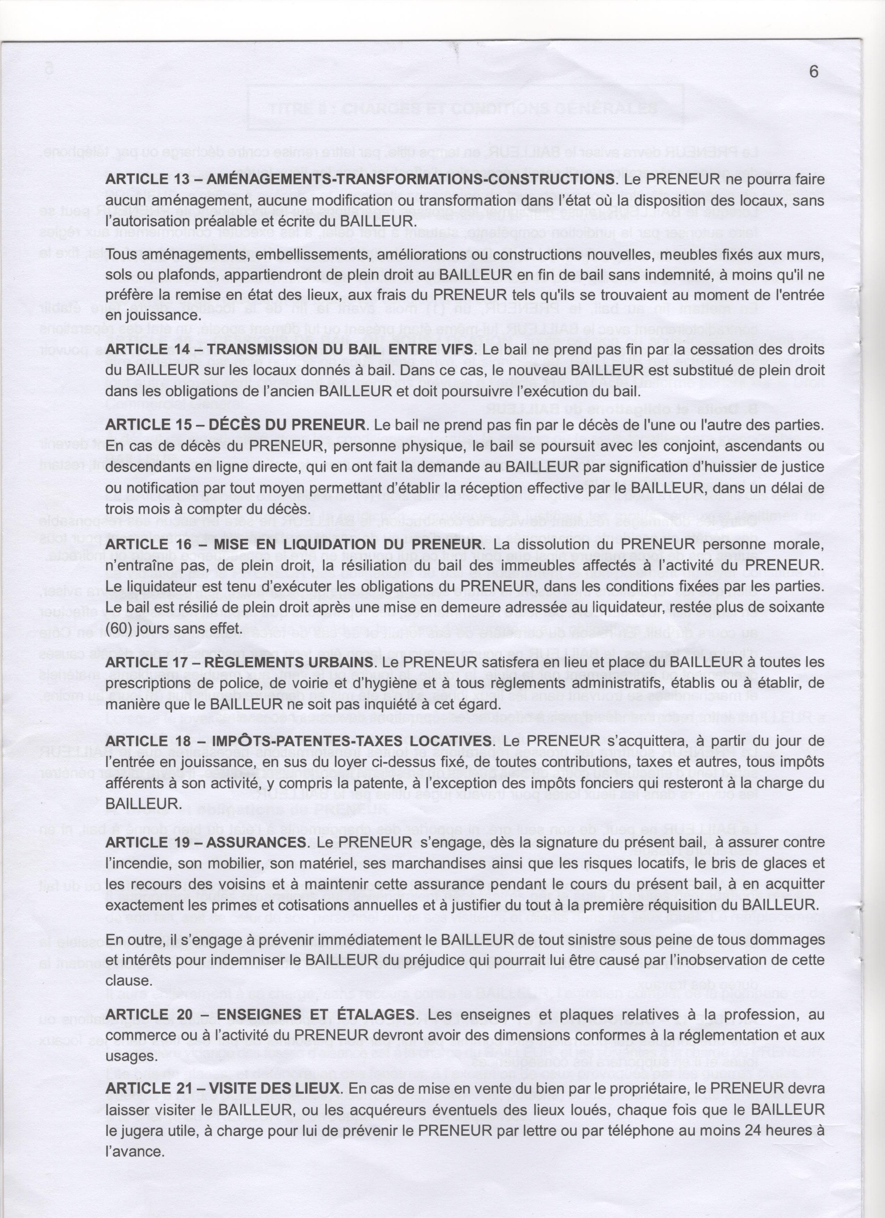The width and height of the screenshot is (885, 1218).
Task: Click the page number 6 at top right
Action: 814,71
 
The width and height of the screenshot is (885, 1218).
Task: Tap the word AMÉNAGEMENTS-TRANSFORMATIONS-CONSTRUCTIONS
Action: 410,179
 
